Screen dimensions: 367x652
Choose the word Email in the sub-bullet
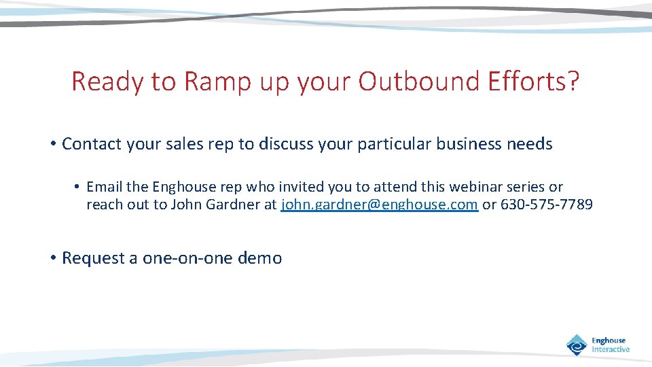tap(104, 187)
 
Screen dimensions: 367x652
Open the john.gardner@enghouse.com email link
tap(379, 205)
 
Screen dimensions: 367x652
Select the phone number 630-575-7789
tap(546, 205)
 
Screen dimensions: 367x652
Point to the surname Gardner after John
tap(233, 205)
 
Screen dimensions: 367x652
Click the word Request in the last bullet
tap(89, 258)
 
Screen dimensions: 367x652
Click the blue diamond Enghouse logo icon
tap(577, 345)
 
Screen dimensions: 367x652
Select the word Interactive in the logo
tap(611, 349)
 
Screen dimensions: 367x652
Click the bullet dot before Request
tap(52, 258)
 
